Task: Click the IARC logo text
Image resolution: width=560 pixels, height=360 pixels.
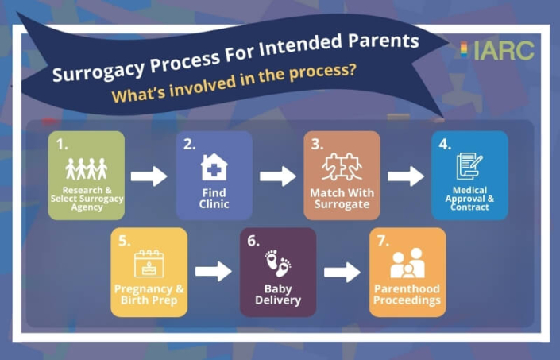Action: tap(504, 51)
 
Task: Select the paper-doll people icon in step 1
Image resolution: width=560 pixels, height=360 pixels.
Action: tap(86, 168)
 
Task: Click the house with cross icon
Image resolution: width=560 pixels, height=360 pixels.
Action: tap(214, 168)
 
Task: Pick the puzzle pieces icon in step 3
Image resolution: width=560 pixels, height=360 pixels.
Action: tap(342, 168)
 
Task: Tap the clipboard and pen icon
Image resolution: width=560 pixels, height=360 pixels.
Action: tap(469, 166)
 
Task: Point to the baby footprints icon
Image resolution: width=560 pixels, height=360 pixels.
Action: tap(277, 264)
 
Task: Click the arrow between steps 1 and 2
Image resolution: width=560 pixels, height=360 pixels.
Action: tap(149, 176)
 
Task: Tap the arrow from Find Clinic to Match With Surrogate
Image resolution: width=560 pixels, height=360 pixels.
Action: tap(277, 176)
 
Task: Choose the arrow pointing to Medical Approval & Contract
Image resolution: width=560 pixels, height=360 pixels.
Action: tap(405, 176)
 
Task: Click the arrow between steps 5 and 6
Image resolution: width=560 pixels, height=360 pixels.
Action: tap(213, 272)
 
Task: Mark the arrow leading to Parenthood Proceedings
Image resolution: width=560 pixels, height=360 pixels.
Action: tap(342, 272)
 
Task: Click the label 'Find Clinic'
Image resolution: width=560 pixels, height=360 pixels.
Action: tap(214, 199)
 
